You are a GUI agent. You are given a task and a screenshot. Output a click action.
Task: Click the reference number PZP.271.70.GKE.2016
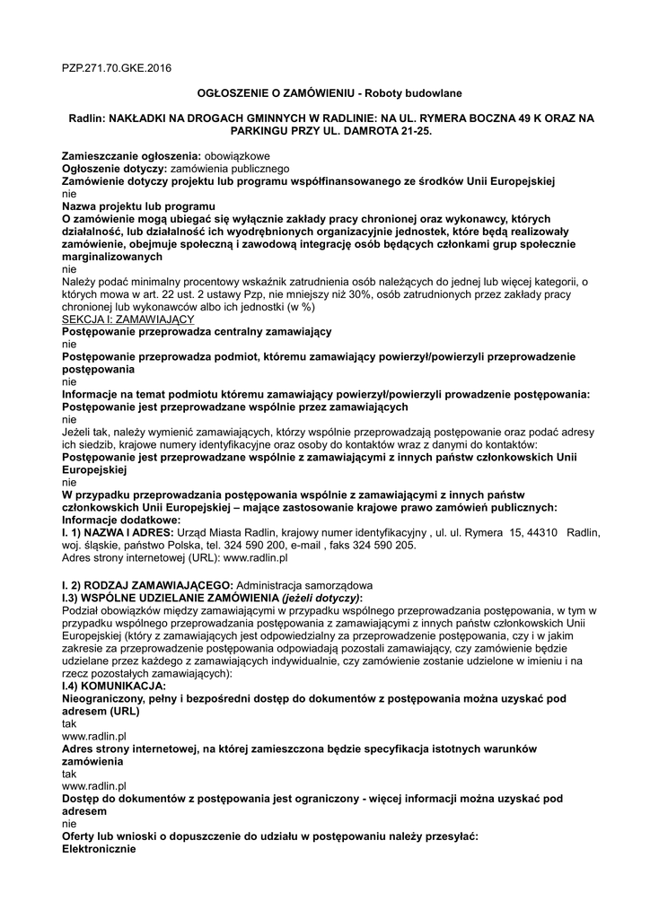[x=116, y=67]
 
